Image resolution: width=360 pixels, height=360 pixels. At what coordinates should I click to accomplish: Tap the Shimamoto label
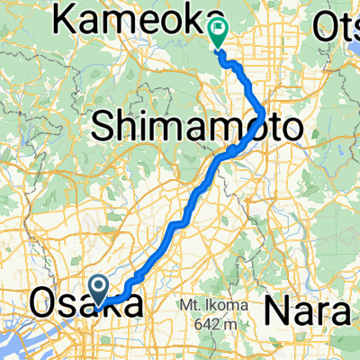click(195, 128)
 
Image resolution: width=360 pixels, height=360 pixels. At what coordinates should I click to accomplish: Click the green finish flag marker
click(219, 33)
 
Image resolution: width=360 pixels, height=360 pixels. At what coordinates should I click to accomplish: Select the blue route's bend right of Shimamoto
click(261, 117)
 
